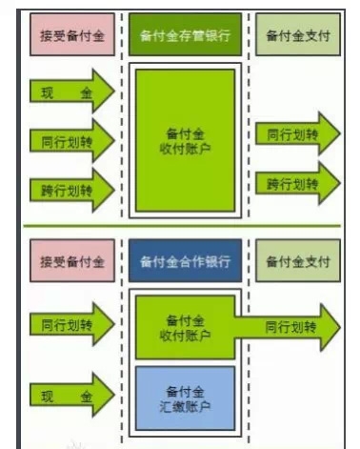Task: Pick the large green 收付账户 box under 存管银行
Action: pyautogui.click(x=186, y=139)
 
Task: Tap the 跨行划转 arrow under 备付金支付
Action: pyautogui.click(x=297, y=182)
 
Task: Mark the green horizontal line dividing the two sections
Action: pyautogui.click(x=181, y=226)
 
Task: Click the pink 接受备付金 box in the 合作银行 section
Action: pyautogui.click(x=71, y=261)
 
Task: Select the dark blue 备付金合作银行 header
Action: pyautogui.click(x=186, y=261)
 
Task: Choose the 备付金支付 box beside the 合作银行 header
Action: pyautogui.click(x=297, y=261)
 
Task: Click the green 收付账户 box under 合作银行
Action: pyautogui.click(x=186, y=326)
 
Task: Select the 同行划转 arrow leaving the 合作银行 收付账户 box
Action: pyautogui.click(x=290, y=327)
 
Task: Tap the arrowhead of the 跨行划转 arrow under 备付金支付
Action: pyautogui.click(x=330, y=182)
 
